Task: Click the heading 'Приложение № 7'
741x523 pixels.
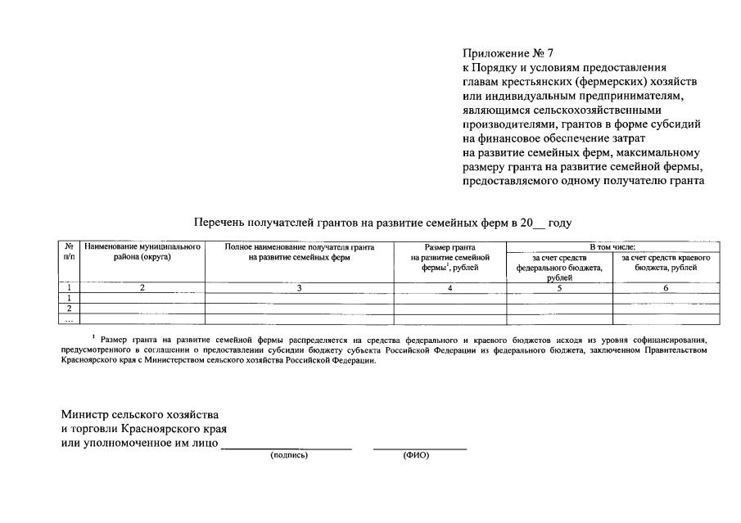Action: click(503, 55)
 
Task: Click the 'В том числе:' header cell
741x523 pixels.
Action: click(612, 246)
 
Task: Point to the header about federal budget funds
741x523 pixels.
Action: click(559, 267)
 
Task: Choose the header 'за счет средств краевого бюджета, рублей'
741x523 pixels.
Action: click(666, 263)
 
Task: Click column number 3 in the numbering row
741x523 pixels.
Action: click(299, 287)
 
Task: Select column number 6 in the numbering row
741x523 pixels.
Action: click(666, 287)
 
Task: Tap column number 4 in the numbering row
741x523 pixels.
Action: click(450, 287)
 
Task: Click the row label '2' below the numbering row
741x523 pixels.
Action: click(70, 309)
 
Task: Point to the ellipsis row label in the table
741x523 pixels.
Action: click(70, 319)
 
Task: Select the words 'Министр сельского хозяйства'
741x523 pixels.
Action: click(139, 414)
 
